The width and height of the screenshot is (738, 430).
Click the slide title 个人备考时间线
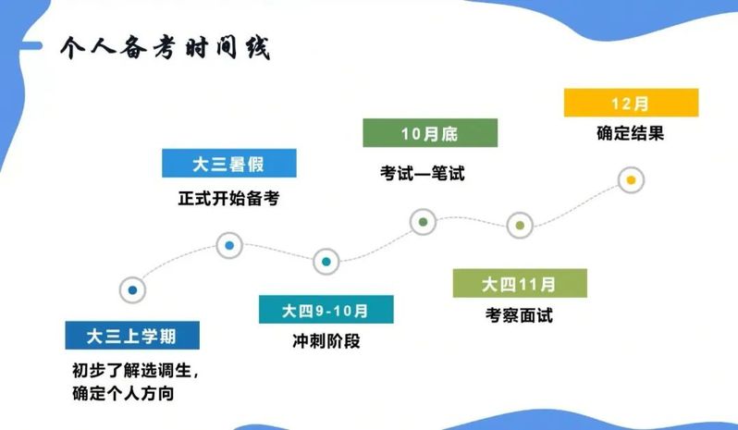coord(166,48)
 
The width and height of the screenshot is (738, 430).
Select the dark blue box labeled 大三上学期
coord(132,336)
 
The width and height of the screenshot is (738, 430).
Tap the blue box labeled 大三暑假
coord(229,164)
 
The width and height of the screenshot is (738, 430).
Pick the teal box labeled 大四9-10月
coord(326,310)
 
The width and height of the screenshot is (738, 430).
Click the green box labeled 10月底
coord(430,133)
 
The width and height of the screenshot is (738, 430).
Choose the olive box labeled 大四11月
coord(520,283)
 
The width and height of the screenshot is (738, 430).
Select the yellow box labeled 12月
coord(631,103)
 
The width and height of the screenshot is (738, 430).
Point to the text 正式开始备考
coord(228,198)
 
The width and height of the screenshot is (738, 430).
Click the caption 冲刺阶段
coord(326,341)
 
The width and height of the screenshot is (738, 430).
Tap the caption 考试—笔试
coord(423,174)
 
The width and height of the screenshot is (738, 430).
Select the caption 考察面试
coord(519,315)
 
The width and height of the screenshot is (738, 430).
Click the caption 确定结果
coord(631,133)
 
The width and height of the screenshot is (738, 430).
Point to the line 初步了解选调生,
coord(136,371)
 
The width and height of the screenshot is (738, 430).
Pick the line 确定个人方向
coord(123,393)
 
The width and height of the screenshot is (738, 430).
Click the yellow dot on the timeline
coord(631,180)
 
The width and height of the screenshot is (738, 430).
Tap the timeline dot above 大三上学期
coord(133,290)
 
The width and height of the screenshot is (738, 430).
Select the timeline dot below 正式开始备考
coord(229,246)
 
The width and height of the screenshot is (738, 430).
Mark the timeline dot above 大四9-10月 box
coord(326,262)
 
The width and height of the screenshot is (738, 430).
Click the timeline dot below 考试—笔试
coord(424,222)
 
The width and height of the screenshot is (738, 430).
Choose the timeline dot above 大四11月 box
coord(520,226)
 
